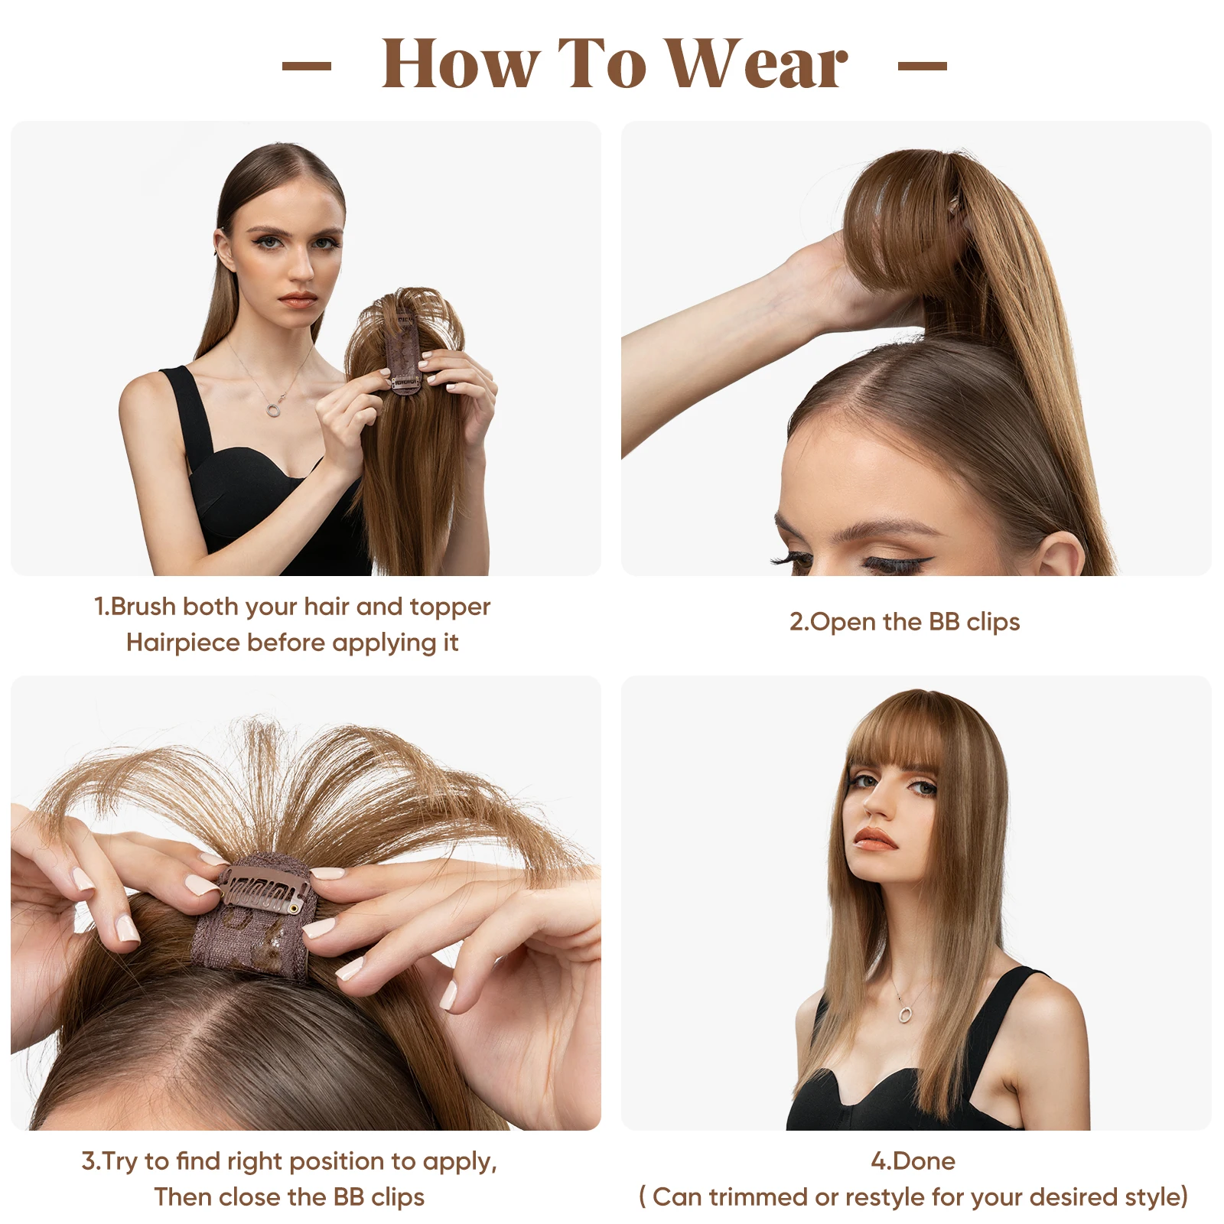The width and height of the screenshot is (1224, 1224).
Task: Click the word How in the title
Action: click(x=459, y=65)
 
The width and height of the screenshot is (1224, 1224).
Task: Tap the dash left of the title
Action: click(x=307, y=66)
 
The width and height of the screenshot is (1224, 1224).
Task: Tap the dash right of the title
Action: click(x=922, y=66)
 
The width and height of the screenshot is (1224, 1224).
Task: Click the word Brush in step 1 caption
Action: click(x=143, y=607)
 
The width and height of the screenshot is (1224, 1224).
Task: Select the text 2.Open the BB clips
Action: click(x=904, y=622)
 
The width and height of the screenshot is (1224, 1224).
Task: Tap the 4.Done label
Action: click(x=913, y=1161)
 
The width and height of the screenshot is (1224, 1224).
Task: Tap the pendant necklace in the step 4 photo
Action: click(x=905, y=1014)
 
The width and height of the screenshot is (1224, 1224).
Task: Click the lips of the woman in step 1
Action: click(x=297, y=299)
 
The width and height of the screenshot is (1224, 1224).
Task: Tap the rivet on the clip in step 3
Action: click(x=294, y=908)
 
